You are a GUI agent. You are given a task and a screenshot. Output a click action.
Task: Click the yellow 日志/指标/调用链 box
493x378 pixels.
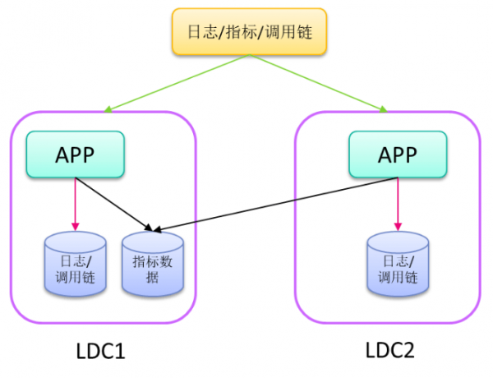pyautogui.click(x=249, y=31)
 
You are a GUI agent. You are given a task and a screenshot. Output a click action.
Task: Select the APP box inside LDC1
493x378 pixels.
pyautogui.click(x=75, y=154)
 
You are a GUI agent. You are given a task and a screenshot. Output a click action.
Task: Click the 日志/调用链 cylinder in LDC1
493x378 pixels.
pyautogui.click(x=75, y=265)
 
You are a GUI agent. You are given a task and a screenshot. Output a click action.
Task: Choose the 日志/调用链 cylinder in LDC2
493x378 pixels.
pyautogui.click(x=397, y=265)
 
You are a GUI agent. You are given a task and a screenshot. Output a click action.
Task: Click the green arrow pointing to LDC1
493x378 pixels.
pyautogui.click(x=177, y=83)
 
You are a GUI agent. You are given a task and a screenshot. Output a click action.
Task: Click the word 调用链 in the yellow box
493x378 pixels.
pyautogui.click(x=289, y=31)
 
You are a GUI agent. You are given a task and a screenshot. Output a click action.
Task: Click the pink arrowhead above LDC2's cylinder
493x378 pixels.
pyautogui.click(x=397, y=227)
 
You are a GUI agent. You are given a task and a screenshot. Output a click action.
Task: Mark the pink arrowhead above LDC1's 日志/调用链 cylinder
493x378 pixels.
pyautogui.click(x=75, y=227)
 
